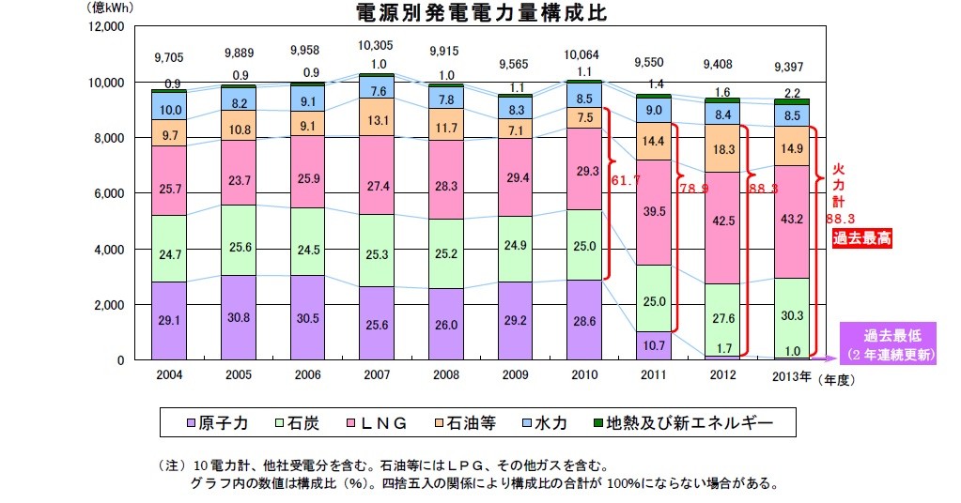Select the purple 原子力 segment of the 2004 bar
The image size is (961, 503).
tap(169, 321)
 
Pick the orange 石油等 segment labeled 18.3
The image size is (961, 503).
tap(723, 148)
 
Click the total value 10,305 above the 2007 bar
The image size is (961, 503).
tap(376, 44)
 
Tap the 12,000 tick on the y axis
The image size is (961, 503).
tap(106, 26)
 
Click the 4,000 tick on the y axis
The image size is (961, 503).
tap(109, 250)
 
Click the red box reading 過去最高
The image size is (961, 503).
tap(861, 238)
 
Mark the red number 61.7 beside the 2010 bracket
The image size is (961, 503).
tap(625, 178)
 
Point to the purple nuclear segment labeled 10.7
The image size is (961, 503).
tap(654, 345)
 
